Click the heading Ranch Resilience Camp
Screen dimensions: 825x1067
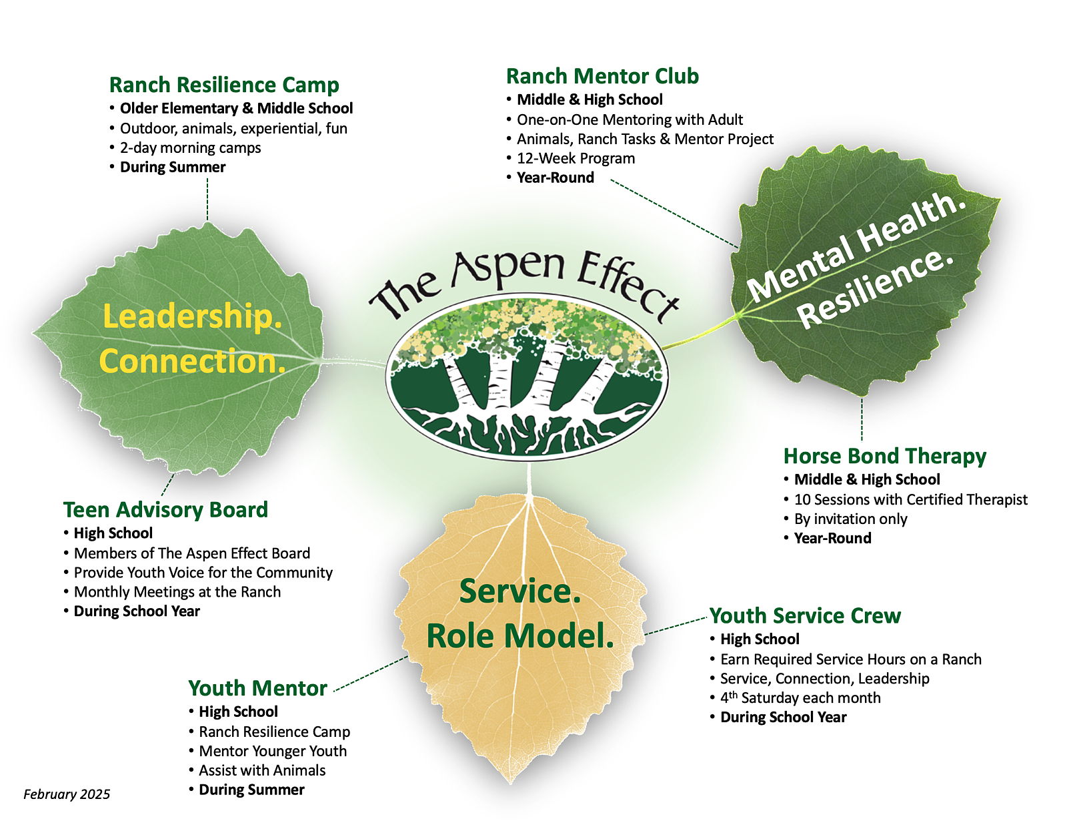[224, 85]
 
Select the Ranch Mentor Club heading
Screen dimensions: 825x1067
[602, 76]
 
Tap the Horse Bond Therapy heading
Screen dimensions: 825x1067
[884, 456]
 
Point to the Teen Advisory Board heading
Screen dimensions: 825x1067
[165, 510]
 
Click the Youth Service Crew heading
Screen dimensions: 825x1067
[805, 615]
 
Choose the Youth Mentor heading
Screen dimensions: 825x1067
[257, 688]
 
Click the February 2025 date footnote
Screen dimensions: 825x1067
[67, 794]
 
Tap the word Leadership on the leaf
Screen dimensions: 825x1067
[192, 316]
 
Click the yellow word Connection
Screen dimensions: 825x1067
[192, 361]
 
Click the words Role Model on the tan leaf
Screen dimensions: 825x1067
[519, 635]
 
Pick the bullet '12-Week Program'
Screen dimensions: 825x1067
[576, 158]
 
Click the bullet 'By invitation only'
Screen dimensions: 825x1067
[850, 519]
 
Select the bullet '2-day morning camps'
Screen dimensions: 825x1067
[190, 148]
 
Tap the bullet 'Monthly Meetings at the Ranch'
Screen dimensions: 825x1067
[177, 591]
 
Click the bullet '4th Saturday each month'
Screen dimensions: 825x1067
[800, 698]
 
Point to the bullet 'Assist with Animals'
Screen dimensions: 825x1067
[262, 770]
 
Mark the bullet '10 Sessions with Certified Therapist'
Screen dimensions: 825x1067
[910, 499]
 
